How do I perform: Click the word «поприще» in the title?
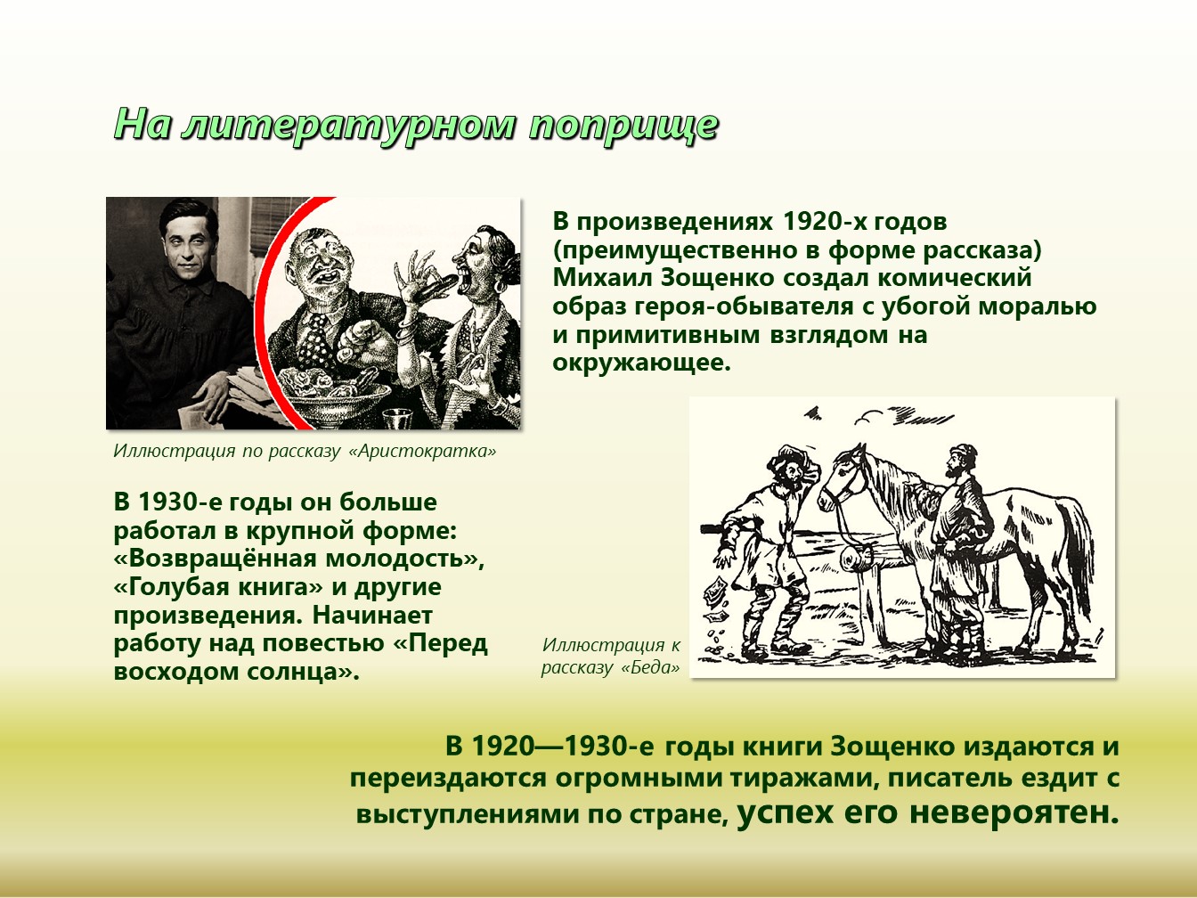(623, 127)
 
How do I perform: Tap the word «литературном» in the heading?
(348, 125)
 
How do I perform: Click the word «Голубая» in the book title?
(168, 588)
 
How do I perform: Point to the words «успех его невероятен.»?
(928, 812)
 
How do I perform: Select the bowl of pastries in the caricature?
(337, 393)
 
